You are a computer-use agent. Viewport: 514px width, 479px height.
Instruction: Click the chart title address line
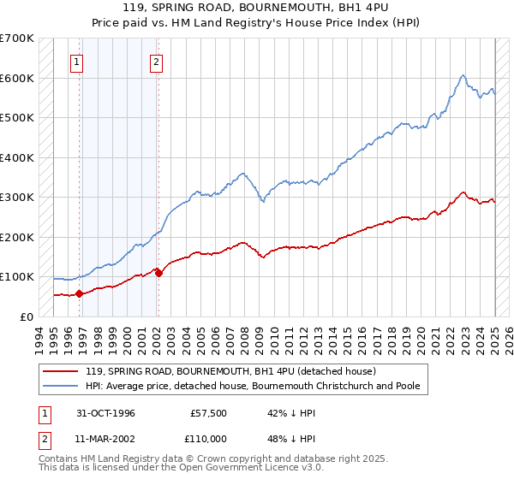pyautogui.click(x=257, y=9)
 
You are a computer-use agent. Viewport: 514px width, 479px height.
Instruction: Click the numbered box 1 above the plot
pyautogui.click(x=77, y=62)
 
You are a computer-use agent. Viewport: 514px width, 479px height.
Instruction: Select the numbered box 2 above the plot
pyautogui.click(x=157, y=62)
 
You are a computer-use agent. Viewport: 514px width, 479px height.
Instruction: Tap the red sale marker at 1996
pyautogui.click(x=80, y=293)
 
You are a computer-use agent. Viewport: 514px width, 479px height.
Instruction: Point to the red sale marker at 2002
pyautogui.click(x=158, y=273)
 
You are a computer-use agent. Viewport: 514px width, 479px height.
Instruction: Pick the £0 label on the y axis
pyautogui.click(x=26, y=316)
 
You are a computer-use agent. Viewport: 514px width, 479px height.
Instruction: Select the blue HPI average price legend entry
pyautogui.click(x=252, y=386)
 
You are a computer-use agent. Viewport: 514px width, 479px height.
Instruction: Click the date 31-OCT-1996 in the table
pyautogui.click(x=106, y=413)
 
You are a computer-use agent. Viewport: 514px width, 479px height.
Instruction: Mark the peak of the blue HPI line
pyautogui.click(x=463, y=75)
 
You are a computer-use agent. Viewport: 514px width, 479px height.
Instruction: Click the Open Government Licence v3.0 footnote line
pyautogui.click(x=178, y=470)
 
